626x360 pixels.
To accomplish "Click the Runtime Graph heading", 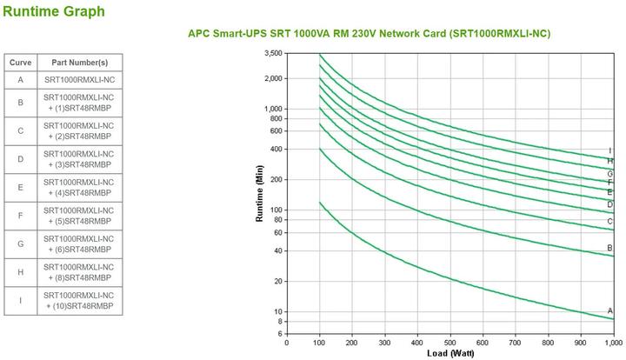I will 54,11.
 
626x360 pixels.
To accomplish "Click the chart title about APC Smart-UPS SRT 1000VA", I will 369,34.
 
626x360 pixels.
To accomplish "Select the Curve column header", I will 20,63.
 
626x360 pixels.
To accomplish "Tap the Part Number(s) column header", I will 79,63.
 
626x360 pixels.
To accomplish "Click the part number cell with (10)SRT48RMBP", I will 79,301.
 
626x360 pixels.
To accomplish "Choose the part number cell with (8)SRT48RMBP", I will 79,272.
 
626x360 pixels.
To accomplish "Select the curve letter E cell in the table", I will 20,187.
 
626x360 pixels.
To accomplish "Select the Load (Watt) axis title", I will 451,354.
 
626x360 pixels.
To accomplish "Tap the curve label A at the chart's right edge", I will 610,310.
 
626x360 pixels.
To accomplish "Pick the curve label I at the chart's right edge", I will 610,150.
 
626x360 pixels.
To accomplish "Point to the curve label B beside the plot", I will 610,249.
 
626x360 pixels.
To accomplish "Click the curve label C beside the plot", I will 610,222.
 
